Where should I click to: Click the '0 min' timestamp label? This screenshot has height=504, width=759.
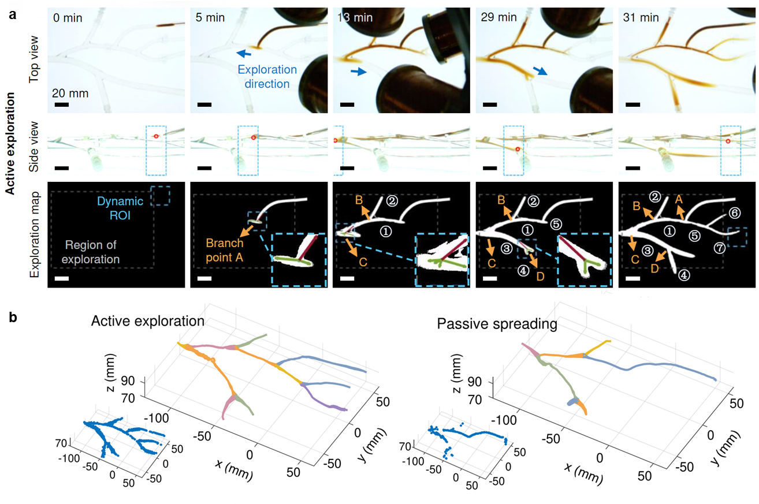pos(68,18)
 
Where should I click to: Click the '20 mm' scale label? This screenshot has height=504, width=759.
pos(70,94)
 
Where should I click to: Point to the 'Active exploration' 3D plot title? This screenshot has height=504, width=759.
pos(148,321)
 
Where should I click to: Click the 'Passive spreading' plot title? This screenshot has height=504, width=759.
pos(497,324)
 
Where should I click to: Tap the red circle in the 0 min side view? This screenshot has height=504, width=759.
pos(156,136)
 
